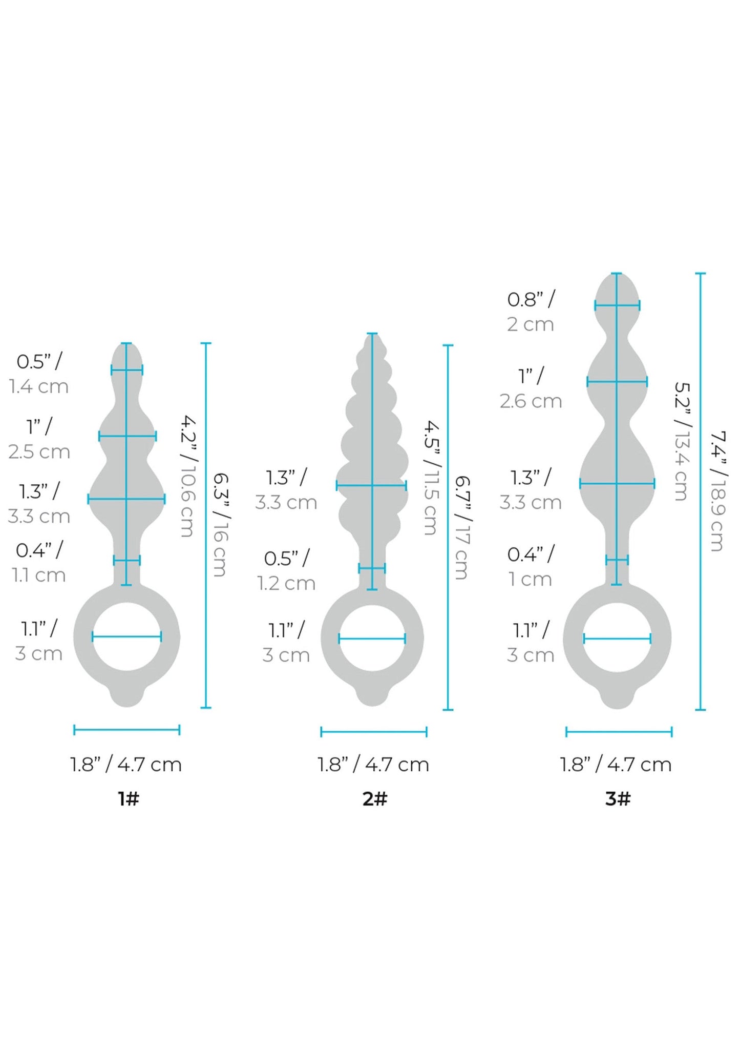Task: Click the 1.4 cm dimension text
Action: (39, 386)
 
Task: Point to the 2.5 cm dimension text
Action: (39, 451)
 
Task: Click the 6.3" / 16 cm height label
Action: (220, 524)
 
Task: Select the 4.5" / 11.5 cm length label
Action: (431, 478)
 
